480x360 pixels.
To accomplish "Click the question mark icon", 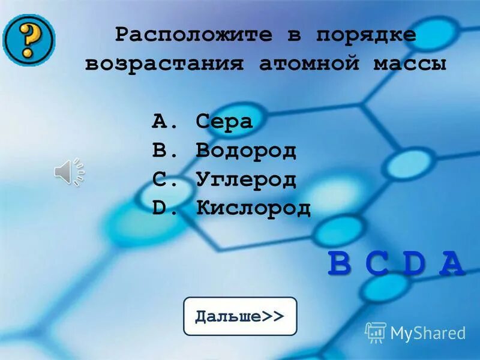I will coord(28,39).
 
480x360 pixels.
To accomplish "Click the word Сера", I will coord(224,122).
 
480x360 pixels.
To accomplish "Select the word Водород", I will coord(246,151).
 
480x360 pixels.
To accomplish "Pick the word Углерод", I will coord(246,179).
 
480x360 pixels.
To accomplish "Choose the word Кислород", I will coord(253,208).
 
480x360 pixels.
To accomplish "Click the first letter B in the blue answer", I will coord(340,265).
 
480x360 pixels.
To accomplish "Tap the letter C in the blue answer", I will coord(377,265).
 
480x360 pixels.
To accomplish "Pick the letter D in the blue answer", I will coord(414,265).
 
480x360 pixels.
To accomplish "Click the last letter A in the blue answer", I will coord(451,265).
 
